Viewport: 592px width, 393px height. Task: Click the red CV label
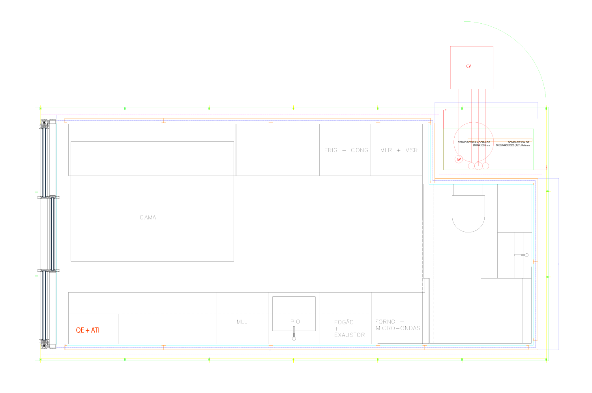coord(468,66)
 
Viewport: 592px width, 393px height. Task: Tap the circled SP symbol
coord(459,159)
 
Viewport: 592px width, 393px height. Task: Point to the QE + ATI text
coord(88,330)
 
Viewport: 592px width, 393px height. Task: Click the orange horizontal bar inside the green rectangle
coord(500,140)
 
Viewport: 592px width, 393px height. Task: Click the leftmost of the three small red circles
coord(471,166)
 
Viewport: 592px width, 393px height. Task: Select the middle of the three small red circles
coord(478,166)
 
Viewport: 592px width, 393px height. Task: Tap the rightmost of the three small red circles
coord(485,166)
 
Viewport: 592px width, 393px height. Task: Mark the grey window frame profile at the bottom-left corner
coord(45,342)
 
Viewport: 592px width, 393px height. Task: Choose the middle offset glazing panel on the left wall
coord(52,234)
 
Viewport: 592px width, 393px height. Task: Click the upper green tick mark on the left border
coord(37,192)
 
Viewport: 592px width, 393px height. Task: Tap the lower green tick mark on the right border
coord(549,277)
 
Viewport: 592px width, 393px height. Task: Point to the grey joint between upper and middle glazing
coord(49,197)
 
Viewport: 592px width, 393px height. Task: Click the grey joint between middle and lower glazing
coord(49,271)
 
